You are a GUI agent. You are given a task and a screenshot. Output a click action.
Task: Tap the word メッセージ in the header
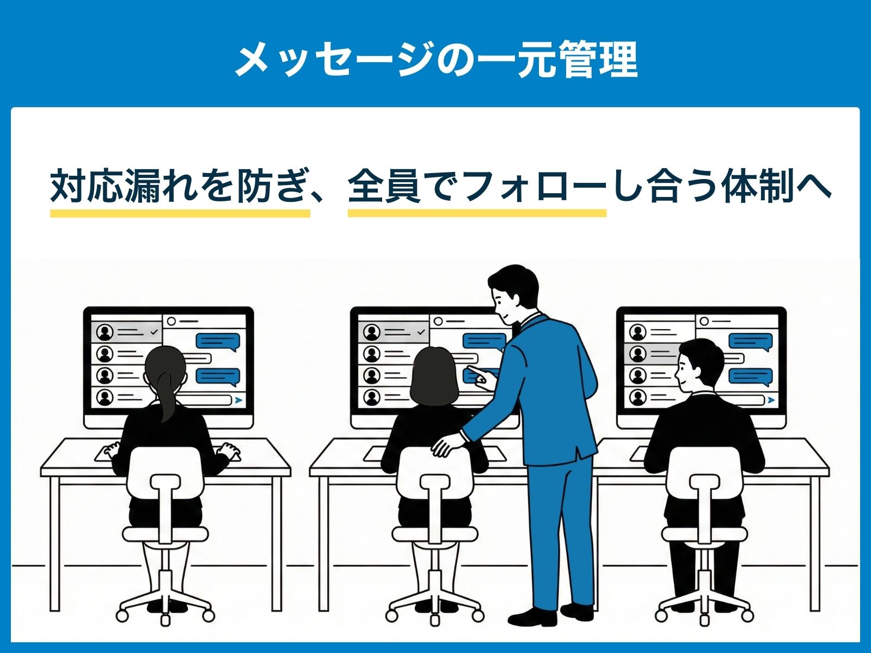[x=333, y=60]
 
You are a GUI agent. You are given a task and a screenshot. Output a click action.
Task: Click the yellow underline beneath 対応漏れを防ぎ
[x=180, y=213]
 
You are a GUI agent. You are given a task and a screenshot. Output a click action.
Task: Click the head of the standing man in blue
[x=513, y=292]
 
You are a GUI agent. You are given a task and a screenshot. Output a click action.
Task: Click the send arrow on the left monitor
[x=238, y=400]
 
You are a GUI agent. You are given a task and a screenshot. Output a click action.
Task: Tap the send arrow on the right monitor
[x=771, y=400]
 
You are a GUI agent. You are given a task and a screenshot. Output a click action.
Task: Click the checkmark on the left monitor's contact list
[x=154, y=331]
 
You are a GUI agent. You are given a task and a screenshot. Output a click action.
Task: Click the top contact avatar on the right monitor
[x=637, y=332]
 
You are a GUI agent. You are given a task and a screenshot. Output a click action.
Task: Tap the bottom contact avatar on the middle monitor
[x=371, y=397]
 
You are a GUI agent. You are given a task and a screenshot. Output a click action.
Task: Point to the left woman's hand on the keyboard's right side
[x=229, y=451]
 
